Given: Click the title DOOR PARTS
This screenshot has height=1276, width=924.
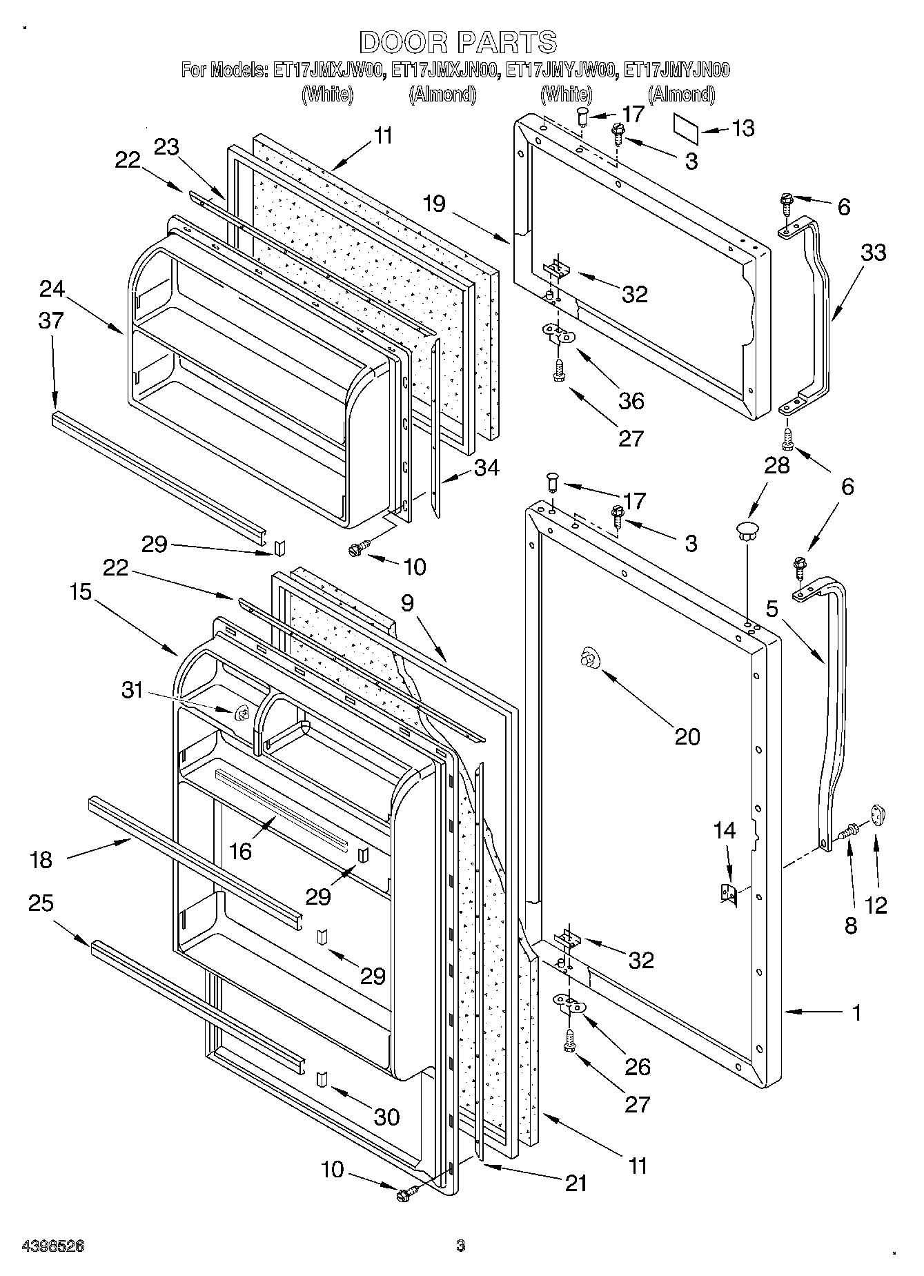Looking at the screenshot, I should click(458, 42).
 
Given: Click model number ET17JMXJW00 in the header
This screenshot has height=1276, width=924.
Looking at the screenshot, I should click(328, 70).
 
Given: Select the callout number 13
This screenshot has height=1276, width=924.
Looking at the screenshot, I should click(743, 128).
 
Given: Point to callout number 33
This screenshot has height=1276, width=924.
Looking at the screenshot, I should click(873, 253).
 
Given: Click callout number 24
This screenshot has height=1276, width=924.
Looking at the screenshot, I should click(52, 288).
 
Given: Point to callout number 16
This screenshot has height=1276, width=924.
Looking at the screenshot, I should click(240, 852).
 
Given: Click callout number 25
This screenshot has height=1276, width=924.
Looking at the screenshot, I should click(41, 903).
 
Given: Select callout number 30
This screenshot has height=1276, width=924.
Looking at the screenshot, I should click(386, 1117).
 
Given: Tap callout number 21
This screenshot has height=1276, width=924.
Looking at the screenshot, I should click(576, 1183).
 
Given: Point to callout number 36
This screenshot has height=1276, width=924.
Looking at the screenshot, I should click(631, 400).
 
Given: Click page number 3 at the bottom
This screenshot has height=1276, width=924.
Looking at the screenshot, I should click(461, 1246).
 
